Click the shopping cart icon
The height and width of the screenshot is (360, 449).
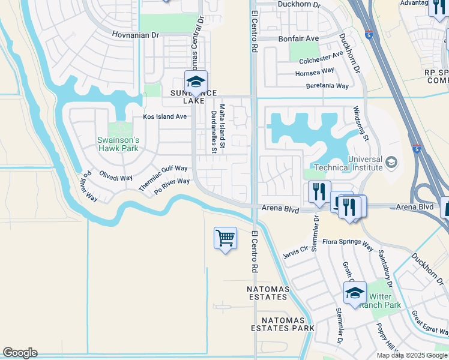pos(225,238)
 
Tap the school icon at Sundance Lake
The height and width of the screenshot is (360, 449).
pos(196,82)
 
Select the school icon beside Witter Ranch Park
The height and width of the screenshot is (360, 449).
pos(355,293)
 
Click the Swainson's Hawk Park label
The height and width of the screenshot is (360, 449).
pos(118,144)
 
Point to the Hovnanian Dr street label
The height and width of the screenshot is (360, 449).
pos(136,35)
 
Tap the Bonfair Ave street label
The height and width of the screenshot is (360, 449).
pos(298,38)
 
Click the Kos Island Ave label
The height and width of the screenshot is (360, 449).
pos(164,116)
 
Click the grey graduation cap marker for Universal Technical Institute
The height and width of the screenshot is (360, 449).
pos(391,162)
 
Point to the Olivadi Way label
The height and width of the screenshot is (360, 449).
pos(116,178)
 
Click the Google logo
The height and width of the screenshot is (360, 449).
pos(20,353)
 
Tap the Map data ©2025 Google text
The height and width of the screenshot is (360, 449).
pos(412,355)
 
